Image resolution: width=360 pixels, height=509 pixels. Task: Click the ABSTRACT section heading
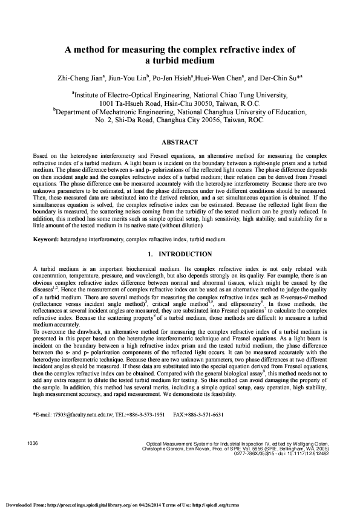[180, 143]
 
